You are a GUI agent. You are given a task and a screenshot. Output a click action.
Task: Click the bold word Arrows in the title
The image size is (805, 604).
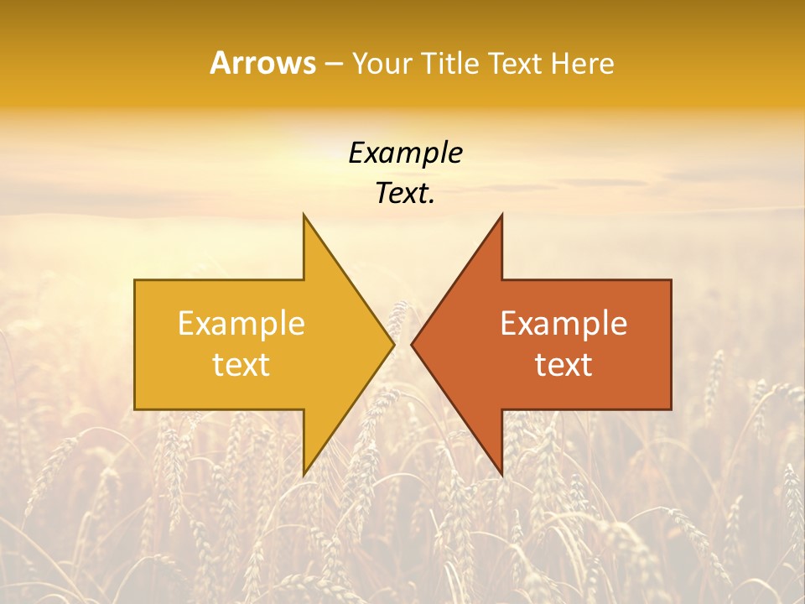pyautogui.click(x=262, y=63)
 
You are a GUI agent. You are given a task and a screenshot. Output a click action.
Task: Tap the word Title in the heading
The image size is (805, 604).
pyautogui.click(x=450, y=64)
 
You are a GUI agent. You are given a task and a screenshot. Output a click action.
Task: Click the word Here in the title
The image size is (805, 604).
pyautogui.click(x=583, y=64)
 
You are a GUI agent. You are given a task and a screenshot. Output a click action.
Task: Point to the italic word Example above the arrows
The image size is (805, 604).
pyautogui.click(x=406, y=154)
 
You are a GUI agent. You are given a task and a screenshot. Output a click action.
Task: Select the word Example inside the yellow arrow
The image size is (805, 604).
pyautogui.click(x=241, y=323)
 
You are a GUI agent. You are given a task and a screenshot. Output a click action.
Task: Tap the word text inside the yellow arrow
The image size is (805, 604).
pyautogui.click(x=241, y=365)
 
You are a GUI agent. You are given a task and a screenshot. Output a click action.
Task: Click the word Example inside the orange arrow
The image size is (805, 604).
pyautogui.click(x=563, y=323)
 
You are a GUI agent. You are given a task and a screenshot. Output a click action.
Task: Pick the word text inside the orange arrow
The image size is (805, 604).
pyautogui.click(x=563, y=365)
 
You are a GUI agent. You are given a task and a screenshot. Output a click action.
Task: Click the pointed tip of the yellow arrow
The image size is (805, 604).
pyautogui.click(x=394, y=344)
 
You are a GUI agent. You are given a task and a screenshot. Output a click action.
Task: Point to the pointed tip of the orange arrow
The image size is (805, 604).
pyautogui.click(x=412, y=344)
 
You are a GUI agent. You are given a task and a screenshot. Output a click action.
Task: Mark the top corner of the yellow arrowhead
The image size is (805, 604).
pyautogui.click(x=304, y=214)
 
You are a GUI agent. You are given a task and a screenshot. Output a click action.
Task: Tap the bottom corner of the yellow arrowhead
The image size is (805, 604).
pyautogui.click(x=304, y=475)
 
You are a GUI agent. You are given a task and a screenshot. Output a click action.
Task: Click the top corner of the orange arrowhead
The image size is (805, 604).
pyautogui.click(x=501, y=214)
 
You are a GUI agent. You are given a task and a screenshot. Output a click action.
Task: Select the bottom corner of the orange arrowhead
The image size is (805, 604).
pyautogui.click(x=501, y=475)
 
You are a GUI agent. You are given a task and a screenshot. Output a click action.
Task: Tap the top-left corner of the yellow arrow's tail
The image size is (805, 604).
pyautogui.click(x=135, y=280)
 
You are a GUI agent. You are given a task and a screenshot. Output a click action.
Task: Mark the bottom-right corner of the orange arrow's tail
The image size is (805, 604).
pyautogui.click(x=671, y=409)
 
